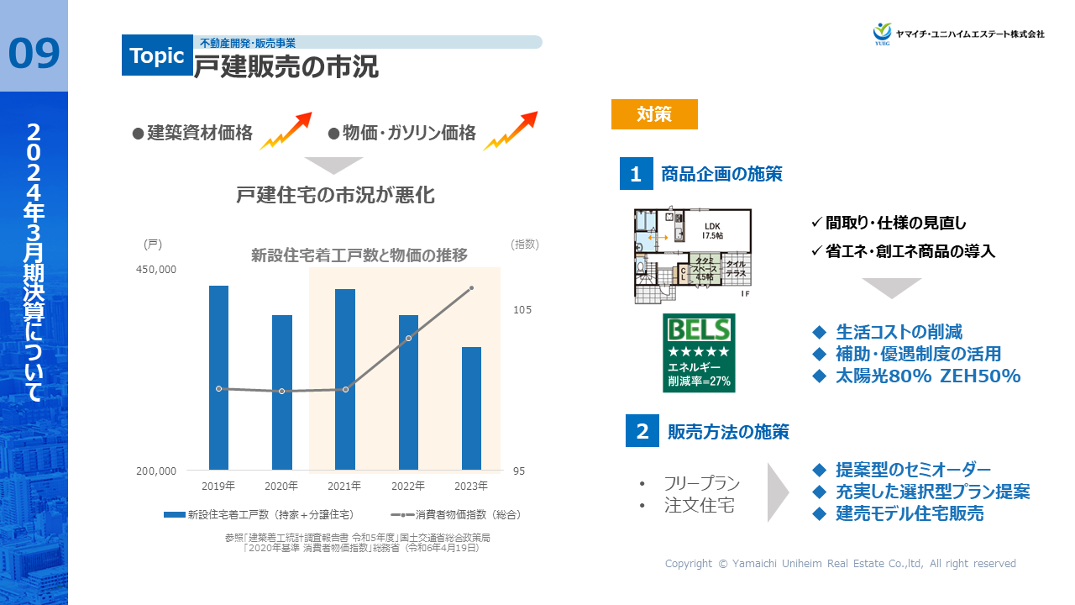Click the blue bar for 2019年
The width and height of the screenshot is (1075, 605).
[218, 377]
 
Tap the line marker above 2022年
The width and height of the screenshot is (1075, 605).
[408, 338]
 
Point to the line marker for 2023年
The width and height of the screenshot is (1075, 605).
[471, 287]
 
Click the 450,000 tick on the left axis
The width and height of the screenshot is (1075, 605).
[156, 270]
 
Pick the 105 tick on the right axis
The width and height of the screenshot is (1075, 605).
[522, 310]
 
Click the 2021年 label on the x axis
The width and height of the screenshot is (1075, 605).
[344, 486]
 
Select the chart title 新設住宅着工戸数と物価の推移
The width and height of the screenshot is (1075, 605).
[359, 255]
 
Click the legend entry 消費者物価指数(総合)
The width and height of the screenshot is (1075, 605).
[457, 513]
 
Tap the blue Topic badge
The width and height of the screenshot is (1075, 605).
[157, 55]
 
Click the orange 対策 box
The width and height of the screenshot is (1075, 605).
[654, 114]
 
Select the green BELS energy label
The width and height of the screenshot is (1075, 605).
[699, 353]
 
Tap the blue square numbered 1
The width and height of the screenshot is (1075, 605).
[636, 174]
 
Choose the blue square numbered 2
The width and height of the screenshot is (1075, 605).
[642, 431]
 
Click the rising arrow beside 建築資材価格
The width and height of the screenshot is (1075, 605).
[286, 130]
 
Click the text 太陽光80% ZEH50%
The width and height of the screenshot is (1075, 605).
[927, 376]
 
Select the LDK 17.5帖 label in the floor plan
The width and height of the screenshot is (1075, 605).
[713, 231]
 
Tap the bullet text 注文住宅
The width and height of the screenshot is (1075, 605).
[699, 506]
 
